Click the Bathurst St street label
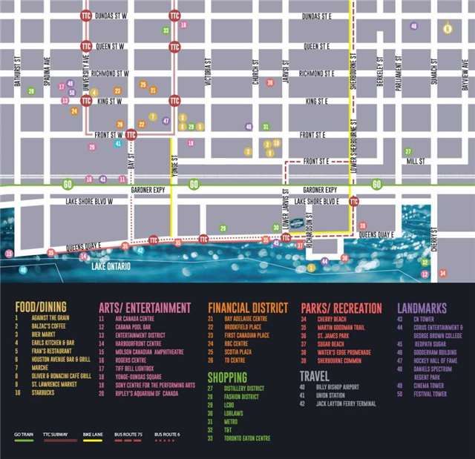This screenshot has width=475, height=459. [x=17, y=73]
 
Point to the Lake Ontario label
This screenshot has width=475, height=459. [x=109, y=264]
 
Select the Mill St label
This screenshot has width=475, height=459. [x=415, y=160]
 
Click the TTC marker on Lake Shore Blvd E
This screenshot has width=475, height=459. [x=354, y=201]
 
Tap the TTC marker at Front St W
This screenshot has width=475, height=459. [x=131, y=134]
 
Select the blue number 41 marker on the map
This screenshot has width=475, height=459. [x=118, y=143]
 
